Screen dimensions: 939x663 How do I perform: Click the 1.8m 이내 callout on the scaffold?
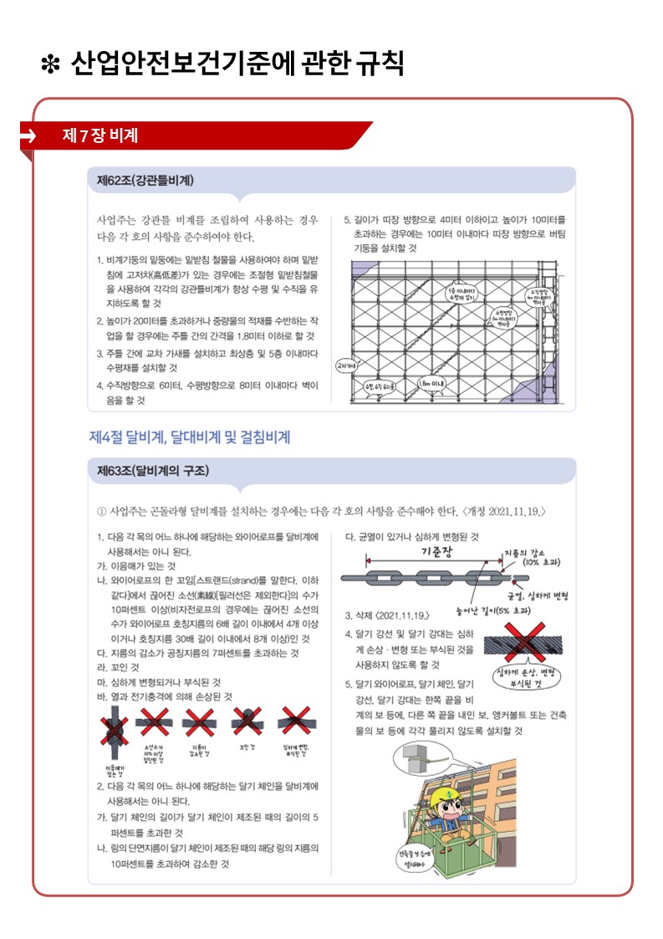431,383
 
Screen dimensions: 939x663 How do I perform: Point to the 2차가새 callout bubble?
344,366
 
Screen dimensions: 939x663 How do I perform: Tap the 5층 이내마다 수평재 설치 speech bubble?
462,293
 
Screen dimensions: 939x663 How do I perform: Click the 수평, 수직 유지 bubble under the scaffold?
379,386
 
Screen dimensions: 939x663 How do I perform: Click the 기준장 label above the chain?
436,551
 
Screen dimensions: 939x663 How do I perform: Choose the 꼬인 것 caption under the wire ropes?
247,746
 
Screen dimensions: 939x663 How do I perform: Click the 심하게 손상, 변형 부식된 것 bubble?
527,677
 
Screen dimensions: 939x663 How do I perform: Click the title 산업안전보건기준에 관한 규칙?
238,63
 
